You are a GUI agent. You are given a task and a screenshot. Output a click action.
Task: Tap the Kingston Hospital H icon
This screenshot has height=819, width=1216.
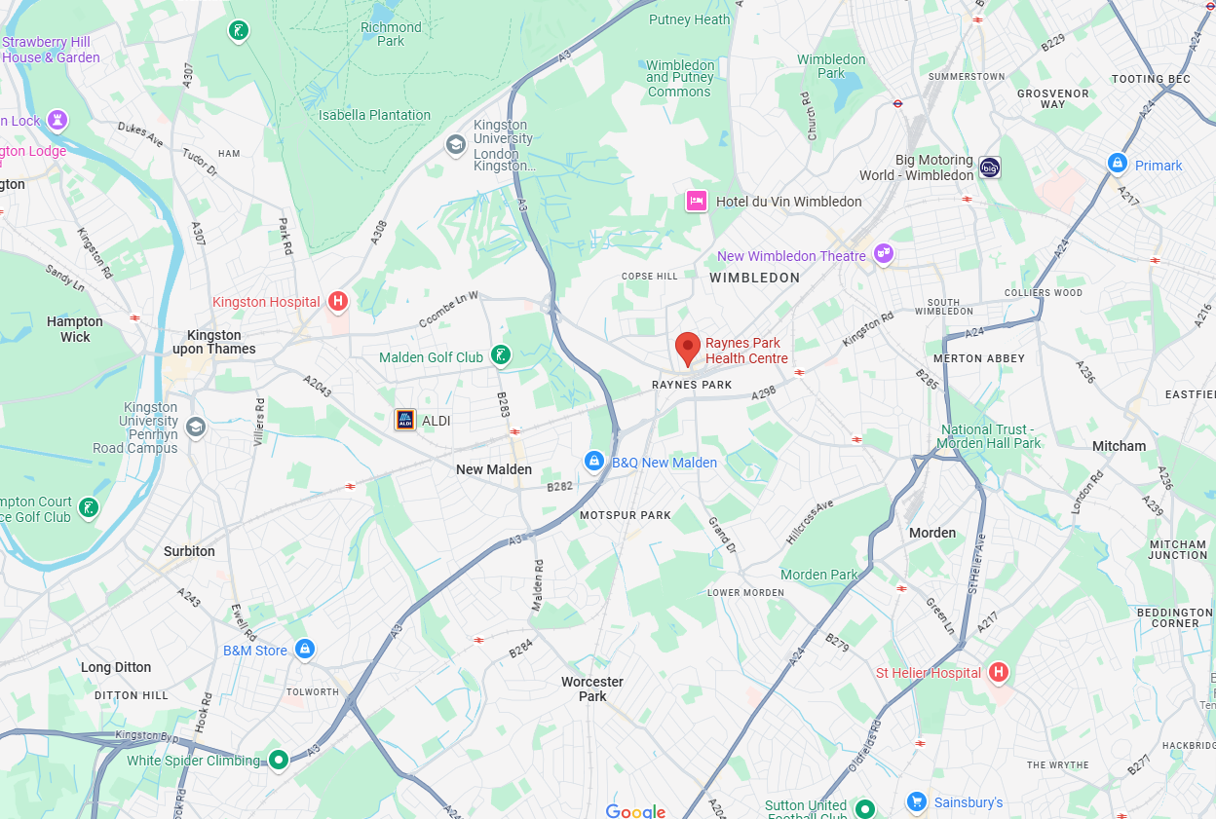(338, 301)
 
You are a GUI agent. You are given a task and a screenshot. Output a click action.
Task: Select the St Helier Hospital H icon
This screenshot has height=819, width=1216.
(998, 672)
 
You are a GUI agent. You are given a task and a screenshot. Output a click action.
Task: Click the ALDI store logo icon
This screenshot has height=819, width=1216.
(404, 420)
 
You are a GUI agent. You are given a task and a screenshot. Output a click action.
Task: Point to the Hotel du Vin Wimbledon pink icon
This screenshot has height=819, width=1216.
(696, 201)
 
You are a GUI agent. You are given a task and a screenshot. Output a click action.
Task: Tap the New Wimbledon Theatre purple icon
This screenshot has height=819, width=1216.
(884, 254)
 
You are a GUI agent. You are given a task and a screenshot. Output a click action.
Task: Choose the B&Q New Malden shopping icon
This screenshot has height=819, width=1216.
(593, 461)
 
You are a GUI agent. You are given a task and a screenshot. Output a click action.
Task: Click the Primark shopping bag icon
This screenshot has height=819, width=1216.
(1118, 164)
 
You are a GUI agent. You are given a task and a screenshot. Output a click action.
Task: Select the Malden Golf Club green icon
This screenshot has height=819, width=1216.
(500, 355)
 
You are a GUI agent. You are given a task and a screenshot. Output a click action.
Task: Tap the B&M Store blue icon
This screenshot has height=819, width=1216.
(305, 649)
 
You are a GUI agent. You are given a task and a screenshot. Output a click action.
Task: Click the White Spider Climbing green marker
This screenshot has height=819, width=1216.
(279, 759)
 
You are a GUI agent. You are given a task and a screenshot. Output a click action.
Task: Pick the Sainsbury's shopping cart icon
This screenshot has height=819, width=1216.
(916, 801)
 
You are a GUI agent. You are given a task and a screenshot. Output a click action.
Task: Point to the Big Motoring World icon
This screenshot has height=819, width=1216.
(990, 168)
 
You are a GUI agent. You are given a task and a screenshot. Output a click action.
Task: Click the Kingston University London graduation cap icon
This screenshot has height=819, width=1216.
(455, 145)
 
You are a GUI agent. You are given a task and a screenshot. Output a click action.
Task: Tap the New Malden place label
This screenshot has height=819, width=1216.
(494, 469)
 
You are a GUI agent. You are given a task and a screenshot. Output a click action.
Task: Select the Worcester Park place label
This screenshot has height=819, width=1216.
(592, 689)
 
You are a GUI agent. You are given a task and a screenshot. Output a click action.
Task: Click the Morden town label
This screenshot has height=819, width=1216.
(932, 533)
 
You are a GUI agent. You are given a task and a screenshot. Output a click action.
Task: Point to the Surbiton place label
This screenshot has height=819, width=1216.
(189, 551)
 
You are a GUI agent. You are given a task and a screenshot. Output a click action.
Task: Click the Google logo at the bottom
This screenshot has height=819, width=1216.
(635, 811)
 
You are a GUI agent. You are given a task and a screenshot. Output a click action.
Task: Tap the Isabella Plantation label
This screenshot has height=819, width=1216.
(374, 115)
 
